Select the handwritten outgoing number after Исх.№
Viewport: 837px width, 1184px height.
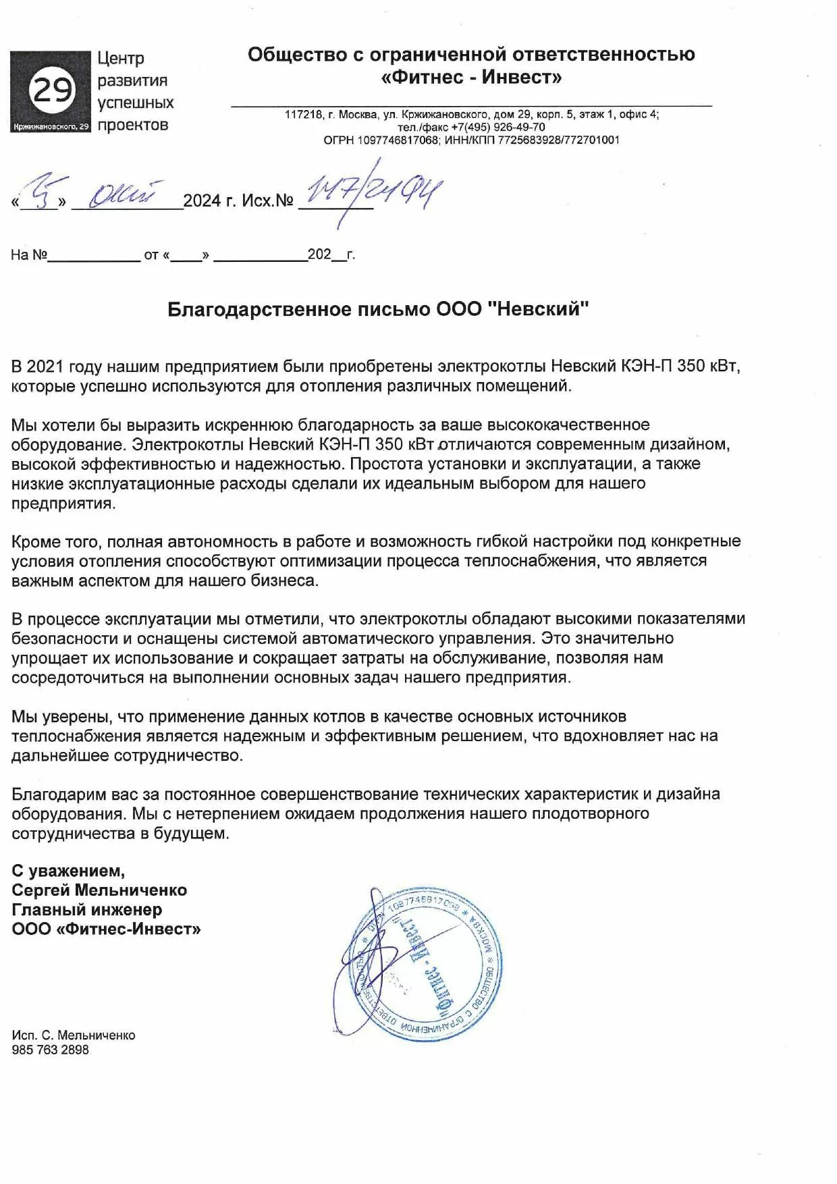(371, 192)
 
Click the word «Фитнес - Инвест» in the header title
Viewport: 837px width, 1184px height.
(471, 77)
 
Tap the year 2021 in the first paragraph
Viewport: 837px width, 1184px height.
(47, 367)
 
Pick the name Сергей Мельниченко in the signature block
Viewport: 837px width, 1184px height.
(99, 890)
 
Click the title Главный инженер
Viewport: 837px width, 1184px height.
(87, 909)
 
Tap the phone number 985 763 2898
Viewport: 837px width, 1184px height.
(50, 1050)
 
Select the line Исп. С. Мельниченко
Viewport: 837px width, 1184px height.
(74, 1035)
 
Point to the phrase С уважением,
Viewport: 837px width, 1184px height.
(68, 870)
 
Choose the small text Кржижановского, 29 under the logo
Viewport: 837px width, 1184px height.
(51, 127)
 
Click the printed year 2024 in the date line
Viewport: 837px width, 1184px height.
(202, 200)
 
